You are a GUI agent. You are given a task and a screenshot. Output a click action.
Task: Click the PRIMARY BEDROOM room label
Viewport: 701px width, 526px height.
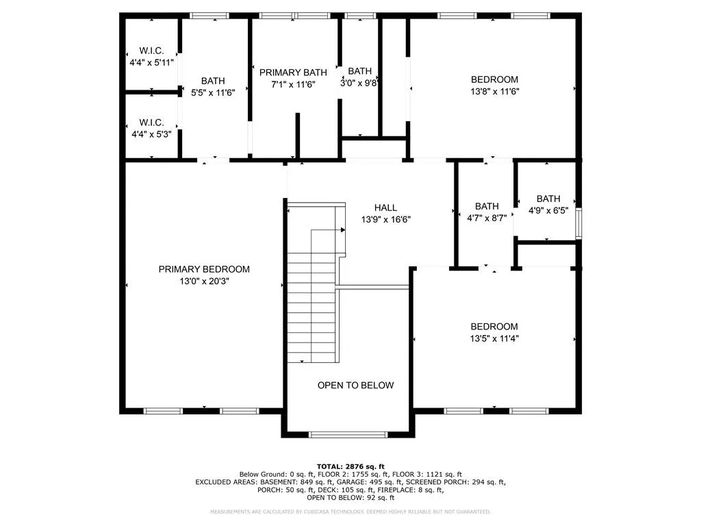[204, 269]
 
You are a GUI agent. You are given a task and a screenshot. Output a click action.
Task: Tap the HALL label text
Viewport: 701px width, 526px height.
[385, 208]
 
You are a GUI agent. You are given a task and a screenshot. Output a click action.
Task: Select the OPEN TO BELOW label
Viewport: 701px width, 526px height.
[355, 385]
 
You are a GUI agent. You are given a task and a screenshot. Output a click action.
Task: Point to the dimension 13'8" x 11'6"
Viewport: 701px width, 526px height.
[494, 91]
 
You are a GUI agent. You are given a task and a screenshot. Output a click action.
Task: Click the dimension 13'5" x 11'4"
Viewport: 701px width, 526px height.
[494, 338]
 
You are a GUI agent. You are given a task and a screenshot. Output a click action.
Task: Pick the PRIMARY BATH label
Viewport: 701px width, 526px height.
[293, 72]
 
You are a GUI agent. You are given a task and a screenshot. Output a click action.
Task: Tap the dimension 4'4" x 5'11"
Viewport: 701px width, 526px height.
[151, 62]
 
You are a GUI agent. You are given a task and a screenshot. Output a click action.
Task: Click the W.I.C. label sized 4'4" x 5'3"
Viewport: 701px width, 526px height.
[151, 122]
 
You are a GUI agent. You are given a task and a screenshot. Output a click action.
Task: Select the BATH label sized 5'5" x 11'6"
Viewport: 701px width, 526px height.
[212, 81]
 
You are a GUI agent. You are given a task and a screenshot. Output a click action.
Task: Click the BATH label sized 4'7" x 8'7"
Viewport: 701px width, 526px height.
[487, 206]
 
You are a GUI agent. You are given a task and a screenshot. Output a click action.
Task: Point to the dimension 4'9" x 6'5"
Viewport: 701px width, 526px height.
[548, 211]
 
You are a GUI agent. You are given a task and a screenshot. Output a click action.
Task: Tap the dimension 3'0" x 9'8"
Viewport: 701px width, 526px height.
[360, 83]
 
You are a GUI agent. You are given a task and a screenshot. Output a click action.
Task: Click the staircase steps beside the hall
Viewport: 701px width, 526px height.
[311, 308]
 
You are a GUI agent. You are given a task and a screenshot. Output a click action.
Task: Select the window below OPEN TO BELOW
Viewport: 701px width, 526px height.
[348, 434]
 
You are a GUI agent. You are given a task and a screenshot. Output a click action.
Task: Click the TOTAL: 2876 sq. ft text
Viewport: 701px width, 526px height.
[350, 466]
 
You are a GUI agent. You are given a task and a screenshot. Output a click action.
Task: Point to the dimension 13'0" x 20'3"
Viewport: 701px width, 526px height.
[204, 281]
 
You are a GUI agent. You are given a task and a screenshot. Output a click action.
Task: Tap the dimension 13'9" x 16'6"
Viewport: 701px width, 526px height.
[385, 220]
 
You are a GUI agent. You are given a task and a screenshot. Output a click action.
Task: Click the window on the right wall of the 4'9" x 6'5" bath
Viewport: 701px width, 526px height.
[579, 223]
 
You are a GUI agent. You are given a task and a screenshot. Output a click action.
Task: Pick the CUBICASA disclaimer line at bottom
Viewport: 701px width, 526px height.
[350, 512]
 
